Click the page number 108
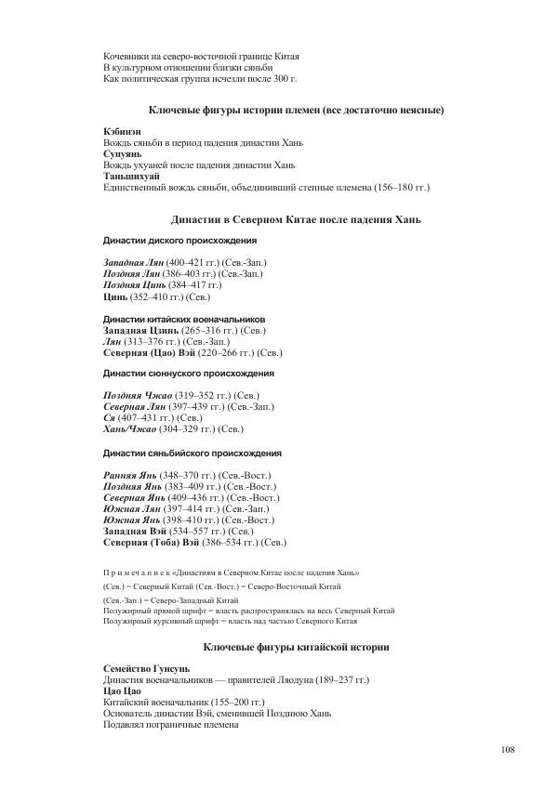pyautogui.click(x=507, y=750)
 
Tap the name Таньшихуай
pyautogui.click(x=131, y=176)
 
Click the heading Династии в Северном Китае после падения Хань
pyautogui.click(x=297, y=220)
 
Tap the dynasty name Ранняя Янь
pyautogui.click(x=129, y=475)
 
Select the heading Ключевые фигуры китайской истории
pyautogui.click(x=296, y=646)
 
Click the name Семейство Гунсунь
pyautogui.click(x=146, y=668)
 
